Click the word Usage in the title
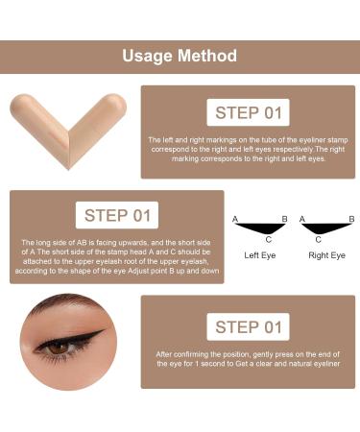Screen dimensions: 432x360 [x=147, y=56]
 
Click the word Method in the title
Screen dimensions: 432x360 [x=206, y=56]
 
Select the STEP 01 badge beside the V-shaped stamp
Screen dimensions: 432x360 [x=249, y=112]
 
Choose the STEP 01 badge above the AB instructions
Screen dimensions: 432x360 [x=117, y=215]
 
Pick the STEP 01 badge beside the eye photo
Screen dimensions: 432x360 [x=249, y=327]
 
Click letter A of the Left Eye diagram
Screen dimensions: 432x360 [x=235, y=220]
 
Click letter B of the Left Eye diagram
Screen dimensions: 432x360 [x=285, y=220]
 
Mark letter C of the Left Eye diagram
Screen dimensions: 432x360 [x=268, y=240]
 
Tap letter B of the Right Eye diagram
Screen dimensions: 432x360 [x=351, y=220]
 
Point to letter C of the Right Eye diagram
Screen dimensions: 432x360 [x=321, y=240]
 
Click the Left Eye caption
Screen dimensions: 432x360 [x=261, y=255]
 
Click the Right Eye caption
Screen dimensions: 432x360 [x=326, y=255]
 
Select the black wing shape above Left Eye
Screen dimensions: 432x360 [x=262, y=228]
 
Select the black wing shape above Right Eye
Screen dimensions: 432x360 [x=325, y=228]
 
